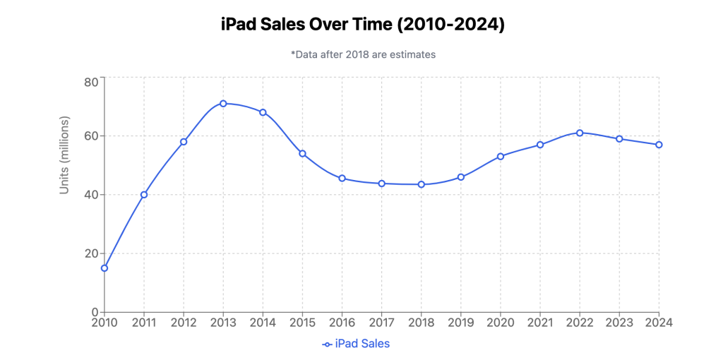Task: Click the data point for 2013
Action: click(223, 103)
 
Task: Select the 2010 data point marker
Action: click(104, 268)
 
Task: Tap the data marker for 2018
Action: click(421, 184)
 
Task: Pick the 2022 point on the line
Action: click(580, 133)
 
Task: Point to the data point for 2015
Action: click(302, 153)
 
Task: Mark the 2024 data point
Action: click(659, 145)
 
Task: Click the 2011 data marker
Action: click(144, 194)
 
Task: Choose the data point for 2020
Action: click(501, 156)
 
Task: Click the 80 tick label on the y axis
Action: click(91, 82)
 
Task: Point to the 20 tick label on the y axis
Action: click(91, 253)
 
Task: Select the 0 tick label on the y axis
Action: click(95, 312)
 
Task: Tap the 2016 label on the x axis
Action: click(342, 323)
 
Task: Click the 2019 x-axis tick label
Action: click(460, 323)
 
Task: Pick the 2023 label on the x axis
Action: click(619, 323)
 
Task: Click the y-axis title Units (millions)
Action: click(64, 155)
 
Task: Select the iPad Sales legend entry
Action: click(356, 344)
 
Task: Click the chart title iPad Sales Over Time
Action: click(361, 24)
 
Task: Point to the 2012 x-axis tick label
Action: click(184, 323)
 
